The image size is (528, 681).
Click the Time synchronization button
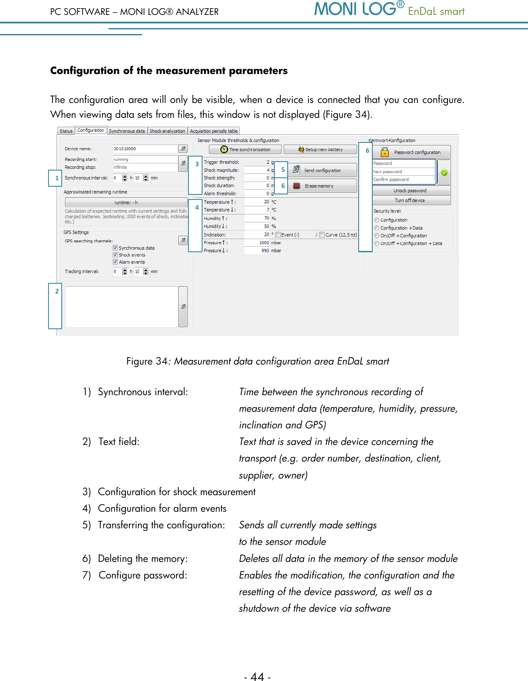pos(245,149)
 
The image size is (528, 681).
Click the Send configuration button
pos(322,170)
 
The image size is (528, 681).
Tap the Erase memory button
pos(322,186)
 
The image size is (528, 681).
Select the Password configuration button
pos(411,152)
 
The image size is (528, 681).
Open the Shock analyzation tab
pos(167,131)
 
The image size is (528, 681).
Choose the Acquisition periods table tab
pos(214,131)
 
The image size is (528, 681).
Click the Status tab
pos(66,131)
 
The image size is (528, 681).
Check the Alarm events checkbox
pos(115,262)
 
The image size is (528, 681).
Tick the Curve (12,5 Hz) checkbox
pos(322,234)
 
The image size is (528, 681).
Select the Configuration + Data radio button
pos(377,228)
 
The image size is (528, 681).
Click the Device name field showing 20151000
pos(145,149)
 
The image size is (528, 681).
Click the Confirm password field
pos(403,180)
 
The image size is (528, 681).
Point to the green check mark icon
pos(444,173)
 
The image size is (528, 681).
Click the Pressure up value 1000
pos(257,243)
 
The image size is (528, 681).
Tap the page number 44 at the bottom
pos(257,676)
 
